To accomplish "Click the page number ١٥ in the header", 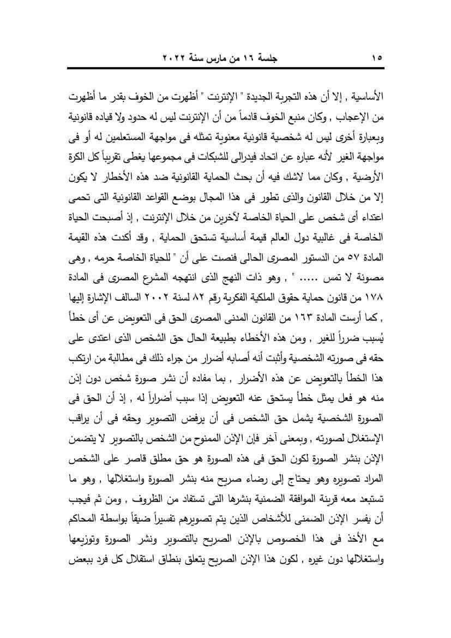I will click(377, 57).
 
